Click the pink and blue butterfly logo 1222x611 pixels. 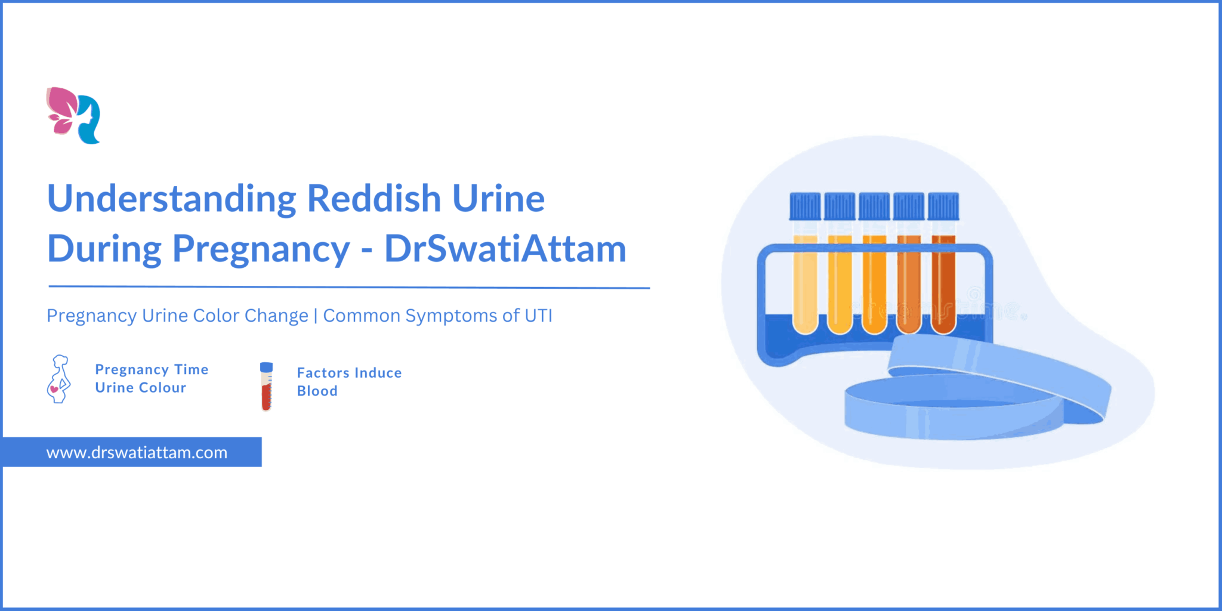coord(73,115)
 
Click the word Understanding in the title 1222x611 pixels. coord(172,199)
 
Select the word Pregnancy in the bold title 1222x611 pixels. coord(261,249)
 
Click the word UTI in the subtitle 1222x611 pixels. coord(538,316)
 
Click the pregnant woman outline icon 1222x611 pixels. coord(58,379)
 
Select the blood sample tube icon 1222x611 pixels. coord(266,386)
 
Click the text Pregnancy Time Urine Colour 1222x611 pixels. coord(152,379)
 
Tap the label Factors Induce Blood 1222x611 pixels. coord(349,382)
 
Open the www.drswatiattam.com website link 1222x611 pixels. coord(137,452)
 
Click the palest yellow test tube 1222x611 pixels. coord(805,283)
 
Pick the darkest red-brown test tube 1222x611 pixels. coord(943,283)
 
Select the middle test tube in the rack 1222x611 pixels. coord(874,283)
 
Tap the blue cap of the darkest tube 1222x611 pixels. coord(943,206)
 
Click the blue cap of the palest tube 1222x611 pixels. coord(805,206)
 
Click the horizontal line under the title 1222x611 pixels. coord(349,287)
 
